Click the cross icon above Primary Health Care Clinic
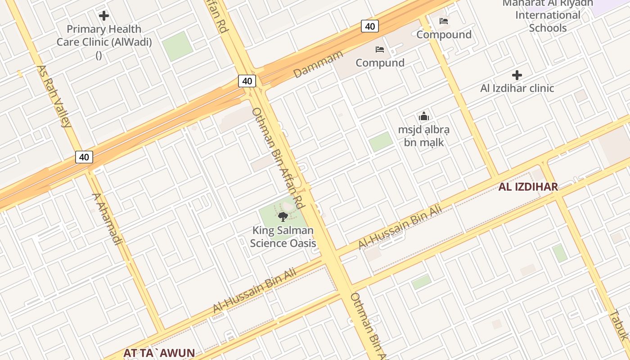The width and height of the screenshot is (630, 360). pyautogui.click(x=104, y=16)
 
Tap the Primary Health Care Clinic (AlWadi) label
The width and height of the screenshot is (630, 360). pyautogui.click(x=104, y=36)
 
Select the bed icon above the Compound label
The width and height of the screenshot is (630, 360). pyautogui.click(x=444, y=21)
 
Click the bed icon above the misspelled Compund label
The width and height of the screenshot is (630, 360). pyautogui.click(x=380, y=49)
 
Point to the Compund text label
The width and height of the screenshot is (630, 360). pyautogui.click(x=380, y=63)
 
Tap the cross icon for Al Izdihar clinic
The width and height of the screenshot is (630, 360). pyautogui.click(x=517, y=75)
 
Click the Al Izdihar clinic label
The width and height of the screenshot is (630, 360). pyautogui.click(x=517, y=88)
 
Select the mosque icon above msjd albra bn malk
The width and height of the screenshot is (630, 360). pyautogui.click(x=423, y=117)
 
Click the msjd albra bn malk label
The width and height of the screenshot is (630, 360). pyautogui.click(x=423, y=136)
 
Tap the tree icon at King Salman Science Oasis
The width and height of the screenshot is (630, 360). pyautogui.click(x=283, y=217)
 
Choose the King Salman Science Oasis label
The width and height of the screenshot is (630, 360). pyautogui.click(x=283, y=237)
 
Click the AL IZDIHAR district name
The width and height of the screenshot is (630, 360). pyautogui.click(x=528, y=187)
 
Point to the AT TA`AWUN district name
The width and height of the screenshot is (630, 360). pyautogui.click(x=159, y=353)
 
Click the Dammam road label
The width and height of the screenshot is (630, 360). pyautogui.click(x=318, y=64)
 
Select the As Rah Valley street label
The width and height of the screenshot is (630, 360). pyautogui.click(x=54, y=96)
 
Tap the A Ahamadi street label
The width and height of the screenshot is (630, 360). pyautogui.click(x=107, y=219)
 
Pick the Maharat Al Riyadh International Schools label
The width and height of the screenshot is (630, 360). pyautogui.click(x=547, y=15)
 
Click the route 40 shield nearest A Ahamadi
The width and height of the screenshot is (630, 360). pyautogui.click(x=84, y=157)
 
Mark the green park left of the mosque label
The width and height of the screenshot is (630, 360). pyautogui.click(x=381, y=142)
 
